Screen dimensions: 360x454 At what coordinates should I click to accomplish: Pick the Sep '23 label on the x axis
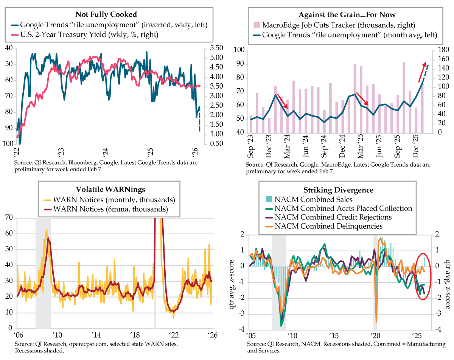tap(250, 147)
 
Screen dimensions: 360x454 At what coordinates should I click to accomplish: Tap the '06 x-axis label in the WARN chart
tap(17, 335)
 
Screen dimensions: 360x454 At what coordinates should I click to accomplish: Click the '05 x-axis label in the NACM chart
tap(250, 335)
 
